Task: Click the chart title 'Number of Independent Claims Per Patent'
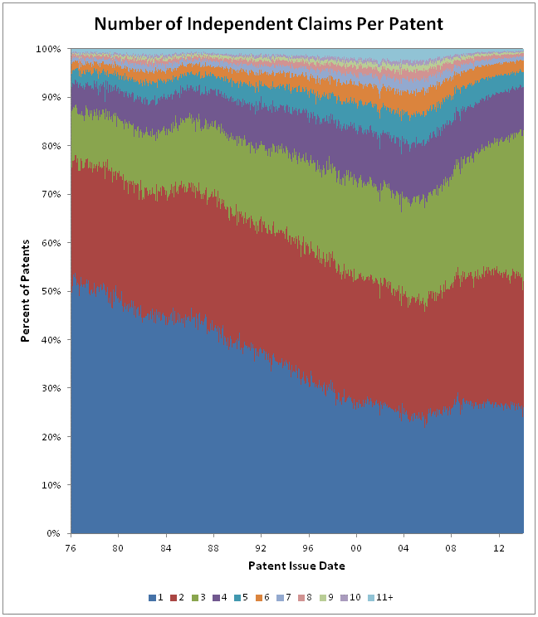pos(269,23)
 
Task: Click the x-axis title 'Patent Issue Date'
pos(297,566)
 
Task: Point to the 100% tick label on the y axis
pos(49,49)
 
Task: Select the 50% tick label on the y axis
pos(51,291)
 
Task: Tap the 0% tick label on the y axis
pos(54,533)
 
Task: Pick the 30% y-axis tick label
pos(51,388)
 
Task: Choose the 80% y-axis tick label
pos(51,146)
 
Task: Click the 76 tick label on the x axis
pos(71,548)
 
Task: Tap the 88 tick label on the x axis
pos(213,548)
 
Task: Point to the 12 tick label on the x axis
pos(499,548)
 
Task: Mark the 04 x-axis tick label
pos(404,548)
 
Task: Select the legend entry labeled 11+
pos(380,596)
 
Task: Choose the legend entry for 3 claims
pos(199,596)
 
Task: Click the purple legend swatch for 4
pos(215,596)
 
